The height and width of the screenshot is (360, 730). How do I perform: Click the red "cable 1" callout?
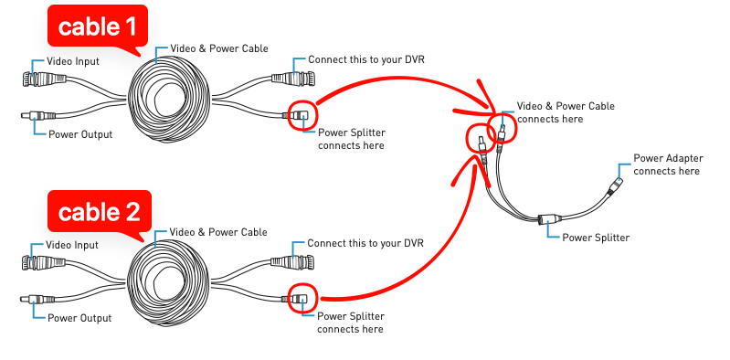click(97, 26)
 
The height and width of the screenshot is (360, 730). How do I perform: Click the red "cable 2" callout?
click(100, 212)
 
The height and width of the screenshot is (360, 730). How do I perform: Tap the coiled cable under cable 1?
click(169, 98)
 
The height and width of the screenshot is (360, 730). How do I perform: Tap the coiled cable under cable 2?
click(168, 281)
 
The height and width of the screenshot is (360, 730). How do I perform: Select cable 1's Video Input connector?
click(44, 79)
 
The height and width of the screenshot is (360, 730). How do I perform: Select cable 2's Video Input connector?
click(43, 262)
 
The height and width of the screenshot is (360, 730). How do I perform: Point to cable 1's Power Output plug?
click(38, 115)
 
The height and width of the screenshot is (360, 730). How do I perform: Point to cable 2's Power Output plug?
click(37, 300)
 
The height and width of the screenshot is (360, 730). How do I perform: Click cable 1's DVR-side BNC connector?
click(293, 79)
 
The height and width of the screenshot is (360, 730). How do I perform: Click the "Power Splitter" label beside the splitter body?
click(596, 238)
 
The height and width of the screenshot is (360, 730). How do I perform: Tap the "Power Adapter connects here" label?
click(668, 164)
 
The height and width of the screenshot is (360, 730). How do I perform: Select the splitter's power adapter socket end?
click(616, 185)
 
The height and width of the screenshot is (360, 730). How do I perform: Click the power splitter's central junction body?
click(549, 219)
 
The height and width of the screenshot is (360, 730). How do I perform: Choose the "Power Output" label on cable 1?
click(80, 134)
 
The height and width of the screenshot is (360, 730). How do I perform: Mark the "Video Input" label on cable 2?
click(72, 245)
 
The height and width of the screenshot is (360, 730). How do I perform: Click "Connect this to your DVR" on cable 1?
click(366, 59)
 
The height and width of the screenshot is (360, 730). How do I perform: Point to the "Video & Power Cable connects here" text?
click(566, 112)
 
